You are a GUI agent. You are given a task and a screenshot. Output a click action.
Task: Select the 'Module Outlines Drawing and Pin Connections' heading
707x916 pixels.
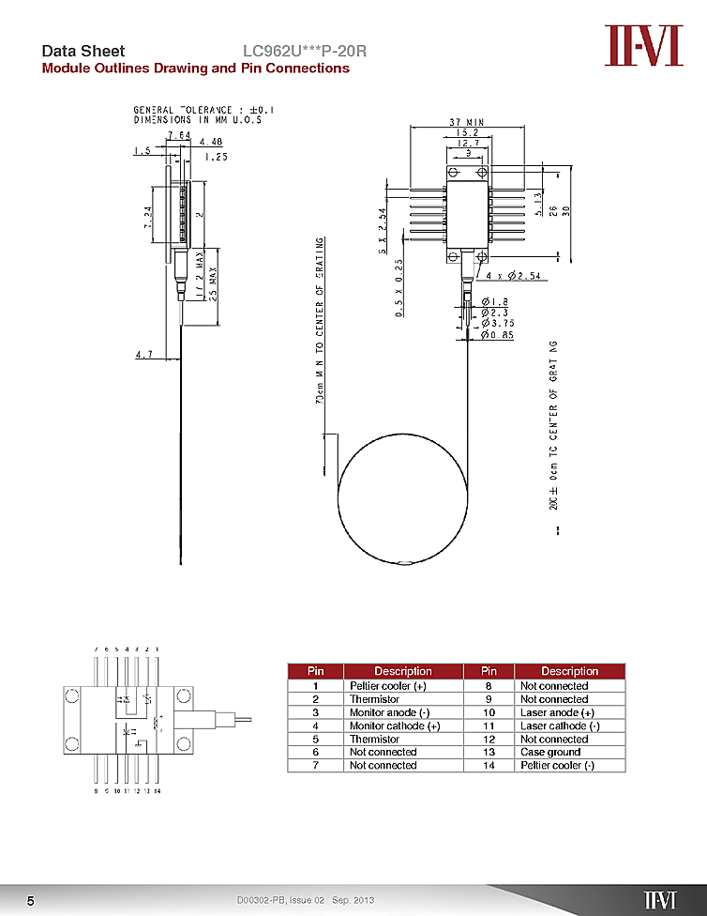pyautogui.click(x=195, y=69)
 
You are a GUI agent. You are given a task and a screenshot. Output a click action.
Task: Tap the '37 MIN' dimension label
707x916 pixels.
pyautogui.click(x=466, y=122)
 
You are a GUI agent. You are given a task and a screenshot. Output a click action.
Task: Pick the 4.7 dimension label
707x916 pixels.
pyautogui.click(x=143, y=355)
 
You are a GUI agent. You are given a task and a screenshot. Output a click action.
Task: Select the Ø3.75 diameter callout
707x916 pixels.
pyautogui.click(x=498, y=323)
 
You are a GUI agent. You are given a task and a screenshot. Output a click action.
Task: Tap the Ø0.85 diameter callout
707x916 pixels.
pyautogui.click(x=498, y=334)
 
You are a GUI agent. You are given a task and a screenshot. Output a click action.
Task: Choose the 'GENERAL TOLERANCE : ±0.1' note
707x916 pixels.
pyautogui.click(x=203, y=110)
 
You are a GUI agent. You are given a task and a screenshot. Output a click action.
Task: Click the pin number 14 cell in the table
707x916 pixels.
pyautogui.click(x=489, y=765)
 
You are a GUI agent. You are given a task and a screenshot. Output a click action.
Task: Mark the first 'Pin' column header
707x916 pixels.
pyautogui.click(x=316, y=671)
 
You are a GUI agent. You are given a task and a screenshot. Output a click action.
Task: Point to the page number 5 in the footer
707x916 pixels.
pyautogui.click(x=30, y=901)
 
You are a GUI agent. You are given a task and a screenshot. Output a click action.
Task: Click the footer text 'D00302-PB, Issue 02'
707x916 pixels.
pyautogui.click(x=280, y=901)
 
